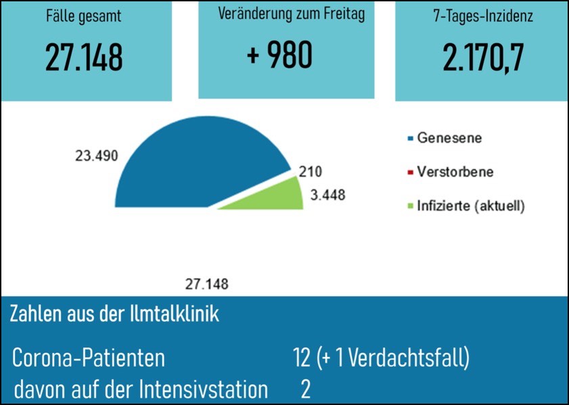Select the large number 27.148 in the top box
(x=85, y=59)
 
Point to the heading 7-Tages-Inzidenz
(x=482, y=16)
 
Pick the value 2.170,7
(x=483, y=59)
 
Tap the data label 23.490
(x=96, y=156)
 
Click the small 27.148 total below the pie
(x=206, y=284)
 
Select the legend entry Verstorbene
(x=455, y=172)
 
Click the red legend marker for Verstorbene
(x=410, y=172)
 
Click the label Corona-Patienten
(x=89, y=358)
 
